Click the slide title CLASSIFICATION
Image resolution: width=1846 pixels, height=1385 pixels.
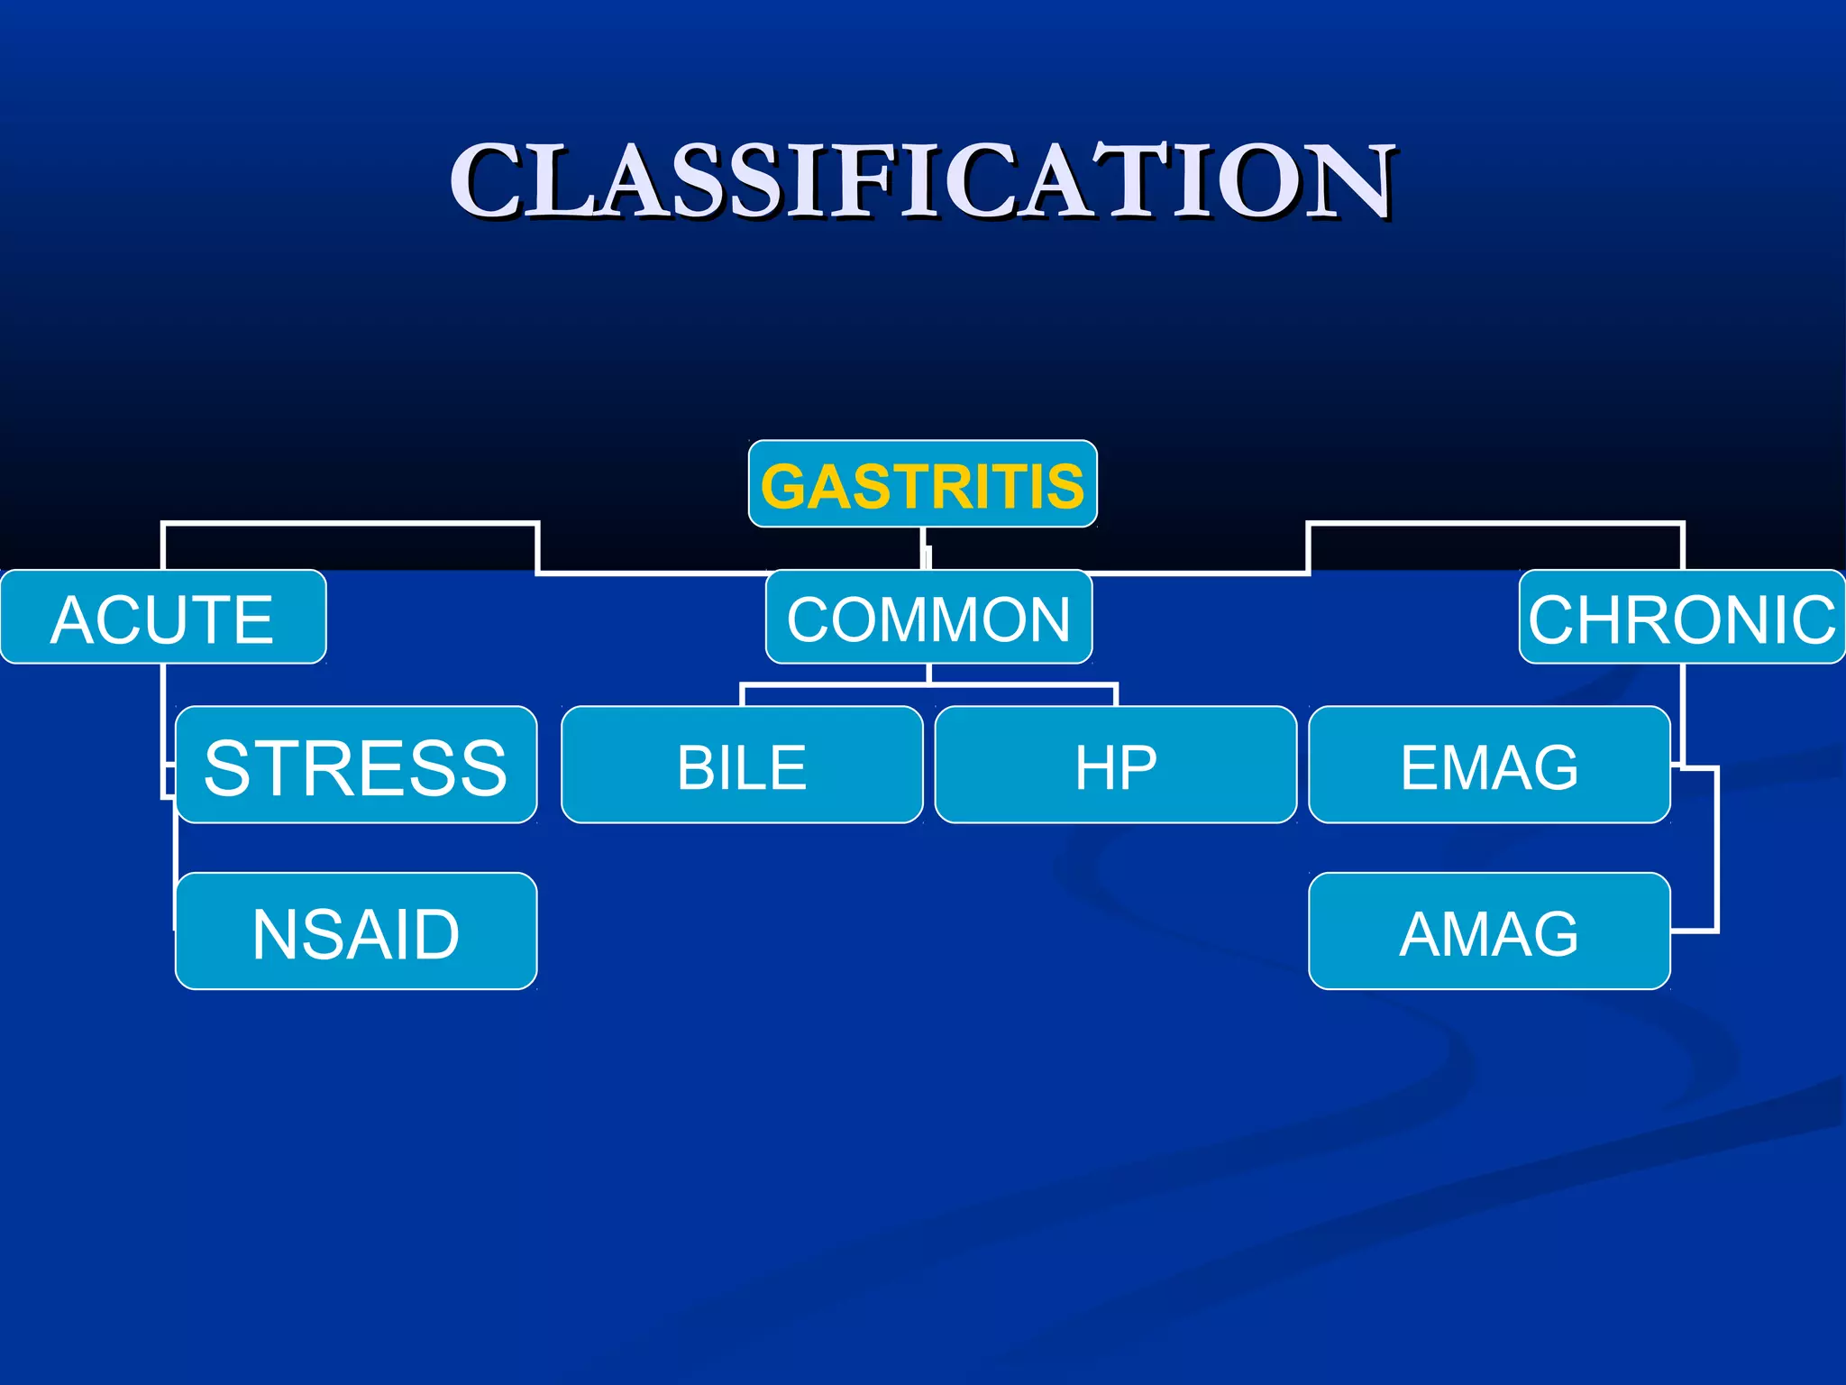(923, 180)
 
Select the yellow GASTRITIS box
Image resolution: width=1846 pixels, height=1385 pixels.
(923, 484)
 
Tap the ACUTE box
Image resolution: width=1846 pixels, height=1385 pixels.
(162, 618)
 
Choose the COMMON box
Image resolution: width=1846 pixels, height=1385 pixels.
(928, 618)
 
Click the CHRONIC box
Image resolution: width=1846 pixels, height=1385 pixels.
(1682, 618)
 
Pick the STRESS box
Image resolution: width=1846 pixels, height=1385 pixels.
(356, 766)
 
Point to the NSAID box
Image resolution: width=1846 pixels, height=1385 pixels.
(356, 931)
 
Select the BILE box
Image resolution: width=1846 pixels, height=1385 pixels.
(742, 766)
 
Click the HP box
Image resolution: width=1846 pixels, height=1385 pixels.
(1116, 766)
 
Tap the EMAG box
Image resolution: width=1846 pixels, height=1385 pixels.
(1489, 766)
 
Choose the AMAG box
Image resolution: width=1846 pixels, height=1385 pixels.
(1489, 931)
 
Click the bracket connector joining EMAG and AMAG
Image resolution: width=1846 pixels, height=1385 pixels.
(1716, 848)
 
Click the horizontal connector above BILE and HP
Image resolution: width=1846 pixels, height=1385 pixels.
(928, 685)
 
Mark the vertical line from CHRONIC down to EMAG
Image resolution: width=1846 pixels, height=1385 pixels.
(1683, 712)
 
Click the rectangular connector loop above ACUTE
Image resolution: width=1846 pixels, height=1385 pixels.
(352, 523)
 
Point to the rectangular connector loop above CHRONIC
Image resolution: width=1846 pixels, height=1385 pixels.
(1496, 523)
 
